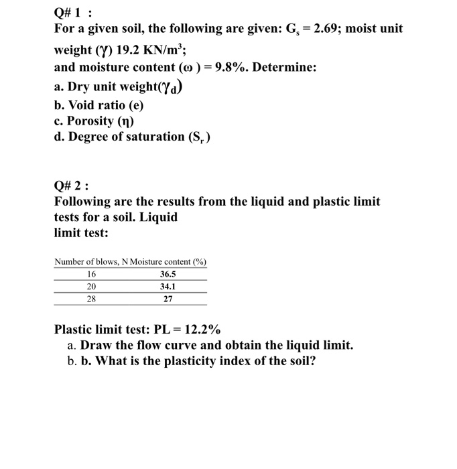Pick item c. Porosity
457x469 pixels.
pyautogui.click(x=94, y=121)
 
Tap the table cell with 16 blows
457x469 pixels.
pyautogui.click(x=92, y=274)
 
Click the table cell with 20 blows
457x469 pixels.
pyautogui.click(x=92, y=287)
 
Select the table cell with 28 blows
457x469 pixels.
pyautogui.click(x=92, y=299)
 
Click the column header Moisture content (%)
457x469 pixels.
pyautogui.click(x=168, y=261)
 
